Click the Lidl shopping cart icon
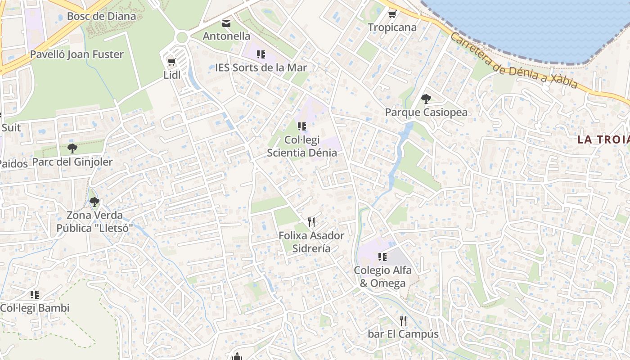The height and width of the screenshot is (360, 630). tap(171, 62)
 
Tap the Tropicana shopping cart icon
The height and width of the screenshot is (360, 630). tap(392, 14)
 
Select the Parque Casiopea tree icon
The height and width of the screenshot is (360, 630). tap(426, 99)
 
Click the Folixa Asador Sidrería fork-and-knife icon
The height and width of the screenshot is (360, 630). tap(311, 222)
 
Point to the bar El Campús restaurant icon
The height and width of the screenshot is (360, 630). tap(403, 321)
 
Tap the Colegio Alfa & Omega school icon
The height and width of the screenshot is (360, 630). tap(382, 257)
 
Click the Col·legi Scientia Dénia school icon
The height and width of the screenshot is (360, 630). tap(302, 126)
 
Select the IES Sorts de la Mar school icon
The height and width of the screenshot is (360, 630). tap(261, 54)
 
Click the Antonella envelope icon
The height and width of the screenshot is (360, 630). tap(226, 23)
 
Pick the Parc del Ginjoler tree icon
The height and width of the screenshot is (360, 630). tap(72, 148)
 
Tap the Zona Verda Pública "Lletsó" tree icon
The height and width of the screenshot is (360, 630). tap(94, 202)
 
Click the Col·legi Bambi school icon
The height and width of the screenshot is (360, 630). tap(35, 295)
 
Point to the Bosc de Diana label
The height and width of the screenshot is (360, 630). tap(101, 17)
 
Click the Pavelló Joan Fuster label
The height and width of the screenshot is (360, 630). tap(76, 54)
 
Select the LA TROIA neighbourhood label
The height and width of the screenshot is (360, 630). tap(603, 139)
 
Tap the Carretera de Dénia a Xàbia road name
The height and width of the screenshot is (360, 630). tap(513, 62)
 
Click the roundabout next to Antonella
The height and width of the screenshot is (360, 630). tap(181, 37)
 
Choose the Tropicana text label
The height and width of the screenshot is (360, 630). tap(392, 27)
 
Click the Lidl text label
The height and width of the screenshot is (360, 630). tap(172, 75)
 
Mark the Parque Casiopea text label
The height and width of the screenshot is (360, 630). tap(426, 112)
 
